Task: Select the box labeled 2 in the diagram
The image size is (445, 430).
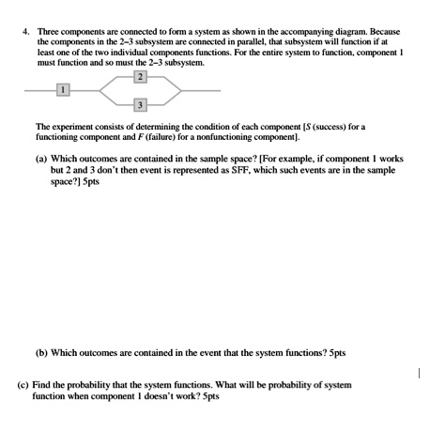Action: [140, 75]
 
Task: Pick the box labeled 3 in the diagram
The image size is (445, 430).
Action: [140, 104]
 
